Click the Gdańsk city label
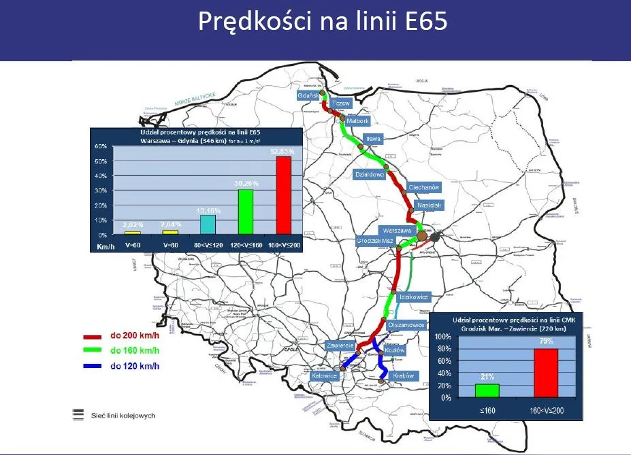click(x=308, y=96)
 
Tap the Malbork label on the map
click(x=357, y=120)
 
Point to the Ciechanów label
click(x=425, y=187)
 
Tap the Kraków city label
click(x=404, y=375)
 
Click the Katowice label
click(x=324, y=375)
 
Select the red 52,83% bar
click(x=283, y=196)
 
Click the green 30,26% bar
click(x=245, y=212)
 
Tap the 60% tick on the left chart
click(x=100, y=146)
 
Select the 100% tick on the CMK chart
click(x=442, y=337)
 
